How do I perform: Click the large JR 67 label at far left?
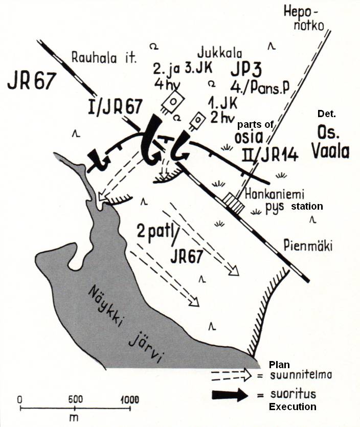pyautogui.click(x=30, y=81)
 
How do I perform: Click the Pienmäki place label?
pyautogui.click(x=307, y=246)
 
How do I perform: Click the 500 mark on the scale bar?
pyautogui.click(x=75, y=399)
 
